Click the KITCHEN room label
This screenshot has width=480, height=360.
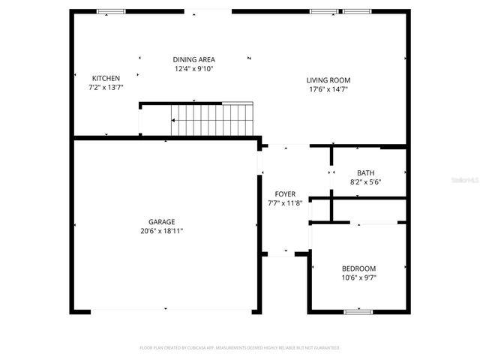105,78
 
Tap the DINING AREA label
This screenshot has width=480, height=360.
194,59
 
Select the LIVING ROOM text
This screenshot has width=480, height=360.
328,80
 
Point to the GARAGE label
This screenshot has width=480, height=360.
161,222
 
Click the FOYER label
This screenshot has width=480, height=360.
285,193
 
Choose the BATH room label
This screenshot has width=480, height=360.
365,172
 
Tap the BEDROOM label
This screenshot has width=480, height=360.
358,268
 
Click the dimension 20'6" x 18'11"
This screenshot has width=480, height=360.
161,231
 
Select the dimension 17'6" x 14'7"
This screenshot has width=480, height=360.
328,89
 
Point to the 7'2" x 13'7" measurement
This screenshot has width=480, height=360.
105,87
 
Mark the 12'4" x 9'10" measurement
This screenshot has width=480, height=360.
194,68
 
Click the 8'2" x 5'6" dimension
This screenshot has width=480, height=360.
365,181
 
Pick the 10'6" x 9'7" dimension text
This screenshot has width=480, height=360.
358,277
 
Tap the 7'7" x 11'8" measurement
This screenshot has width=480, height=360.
285,202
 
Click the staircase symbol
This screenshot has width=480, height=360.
214,119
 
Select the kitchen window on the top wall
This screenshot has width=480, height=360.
112,11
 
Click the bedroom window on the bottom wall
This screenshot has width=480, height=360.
358,310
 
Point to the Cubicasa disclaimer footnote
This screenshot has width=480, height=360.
240,348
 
